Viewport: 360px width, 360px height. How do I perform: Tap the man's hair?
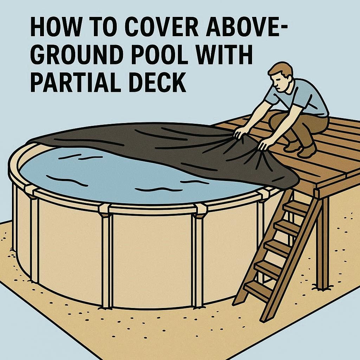click(280, 69)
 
